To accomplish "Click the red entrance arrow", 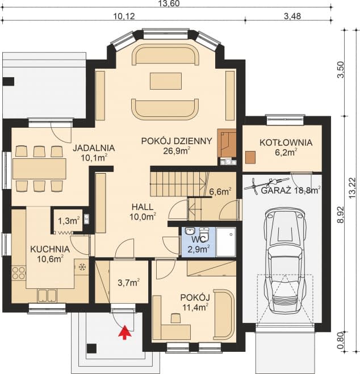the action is (x=125, y=332).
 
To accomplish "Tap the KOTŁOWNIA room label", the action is (x=286, y=142).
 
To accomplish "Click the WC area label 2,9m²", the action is (x=198, y=250).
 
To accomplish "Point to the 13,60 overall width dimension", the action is (x=169, y=3).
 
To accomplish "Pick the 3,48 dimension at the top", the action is (x=293, y=16).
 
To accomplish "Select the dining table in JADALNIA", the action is (x=39, y=169).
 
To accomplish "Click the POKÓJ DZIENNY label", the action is (x=177, y=141).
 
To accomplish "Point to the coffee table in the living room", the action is (x=166, y=81).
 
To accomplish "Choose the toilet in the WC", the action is (x=204, y=234).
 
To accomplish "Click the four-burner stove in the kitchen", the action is (x=19, y=273).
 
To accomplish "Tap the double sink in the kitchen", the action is (x=47, y=296).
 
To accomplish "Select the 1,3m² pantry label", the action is (x=69, y=221).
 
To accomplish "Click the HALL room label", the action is (x=143, y=207).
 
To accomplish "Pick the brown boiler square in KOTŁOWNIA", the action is (x=250, y=158).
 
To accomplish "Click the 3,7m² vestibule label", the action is (x=129, y=283).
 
